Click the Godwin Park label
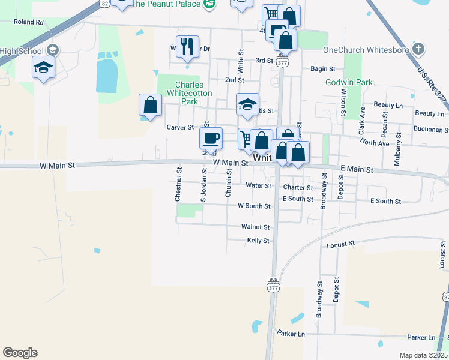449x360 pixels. coord(349,83)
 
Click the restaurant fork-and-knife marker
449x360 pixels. coord(187,46)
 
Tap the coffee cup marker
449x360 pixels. coord(211,139)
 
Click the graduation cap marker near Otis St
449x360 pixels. coord(247,104)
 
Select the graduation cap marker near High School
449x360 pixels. coord(44,67)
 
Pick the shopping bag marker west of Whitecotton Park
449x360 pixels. coord(151,105)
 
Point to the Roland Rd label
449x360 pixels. coord(28,22)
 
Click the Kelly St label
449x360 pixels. coord(259,241)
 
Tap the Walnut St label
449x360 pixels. coord(255,227)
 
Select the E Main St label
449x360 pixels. coord(357,170)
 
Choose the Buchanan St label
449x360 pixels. coord(431,129)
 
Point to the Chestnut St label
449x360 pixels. coord(178,185)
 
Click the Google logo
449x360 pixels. coord(20,353)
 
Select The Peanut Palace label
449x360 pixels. coord(166,4)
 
